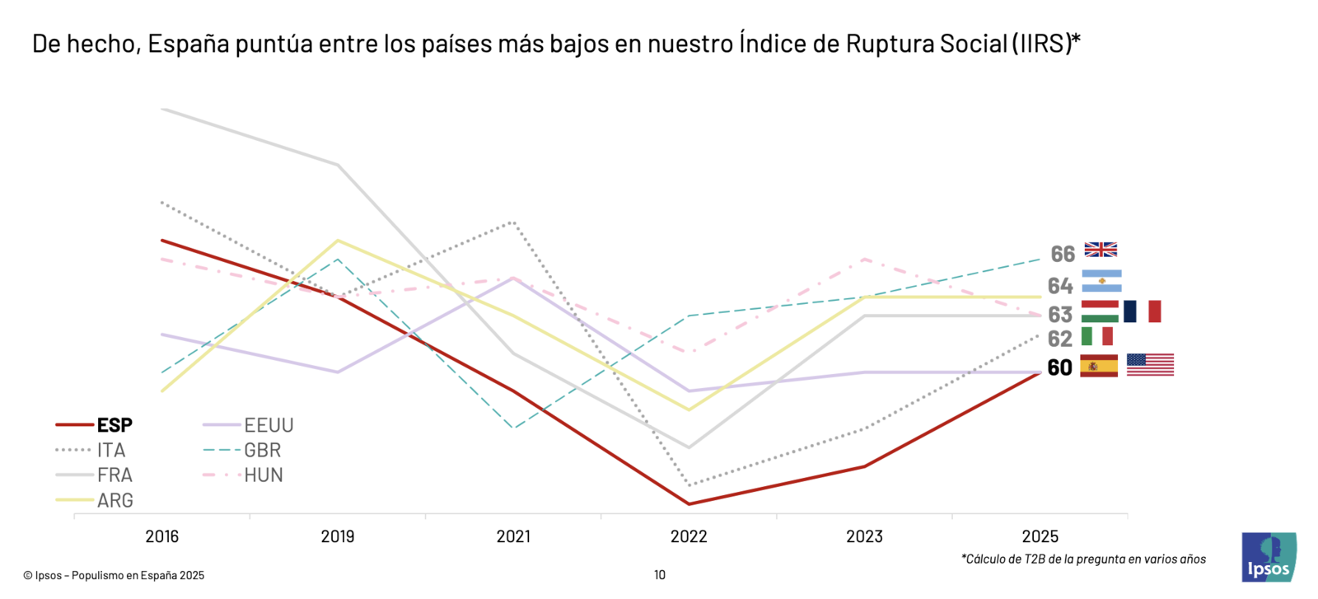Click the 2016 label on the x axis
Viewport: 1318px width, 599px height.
point(161,536)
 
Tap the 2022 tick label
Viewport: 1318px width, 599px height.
point(689,536)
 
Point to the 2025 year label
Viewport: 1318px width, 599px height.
point(1040,536)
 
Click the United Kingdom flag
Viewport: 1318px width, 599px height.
point(1101,250)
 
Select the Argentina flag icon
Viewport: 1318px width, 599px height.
point(1101,281)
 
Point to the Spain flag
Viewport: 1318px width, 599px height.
point(1099,366)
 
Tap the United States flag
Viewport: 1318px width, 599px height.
point(1150,365)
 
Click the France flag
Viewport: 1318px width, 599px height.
point(1142,311)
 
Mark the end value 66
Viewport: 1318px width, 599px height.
point(1063,254)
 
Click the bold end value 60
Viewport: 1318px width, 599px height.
point(1059,367)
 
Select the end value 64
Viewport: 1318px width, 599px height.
point(1060,286)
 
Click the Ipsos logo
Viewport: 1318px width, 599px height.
point(1269,558)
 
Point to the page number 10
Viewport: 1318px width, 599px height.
point(660,575)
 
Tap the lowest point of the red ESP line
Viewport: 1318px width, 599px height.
point(689,503)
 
